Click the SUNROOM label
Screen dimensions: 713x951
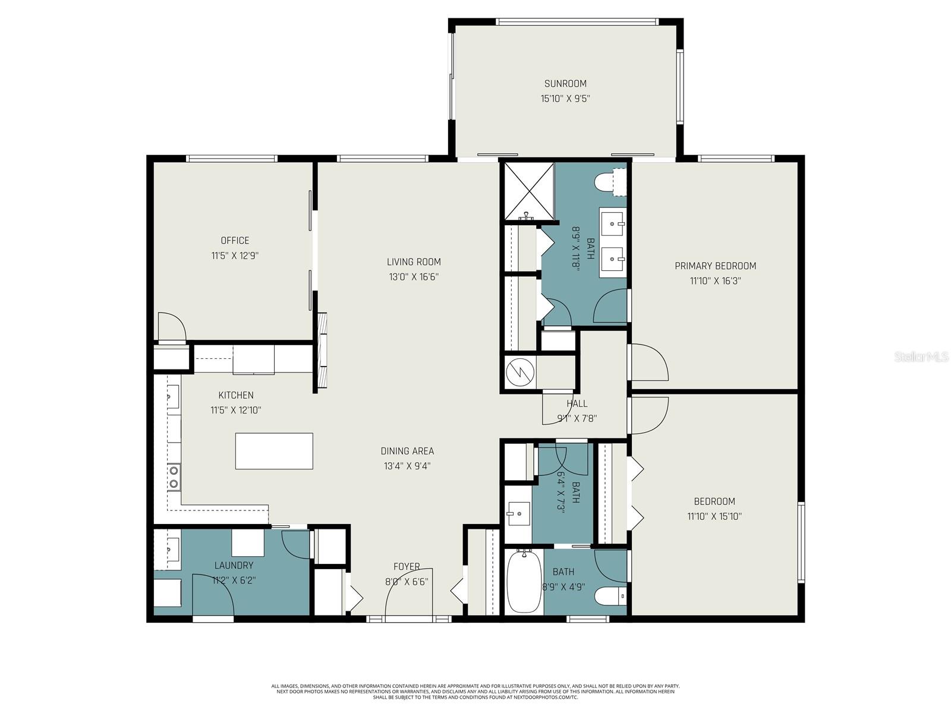click(x=565, y=84)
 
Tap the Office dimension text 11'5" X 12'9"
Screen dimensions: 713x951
click(x=235, y=256)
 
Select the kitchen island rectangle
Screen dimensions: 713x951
click(x=274, y=451)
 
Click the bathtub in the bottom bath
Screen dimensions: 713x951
click(x=524, y=581)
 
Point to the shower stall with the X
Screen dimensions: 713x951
click(x=528, y=190)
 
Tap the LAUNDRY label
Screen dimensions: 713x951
click(x=234, y=566)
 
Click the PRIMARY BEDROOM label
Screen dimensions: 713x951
click(x=715, y=266)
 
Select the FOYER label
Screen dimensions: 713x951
click(x=407, y=567)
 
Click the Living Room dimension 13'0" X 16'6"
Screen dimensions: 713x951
click(x=414, y=277)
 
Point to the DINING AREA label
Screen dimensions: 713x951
click(x=407, y=452)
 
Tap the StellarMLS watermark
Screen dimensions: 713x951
click(x=921, y=357)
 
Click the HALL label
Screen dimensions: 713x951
click(x=577, y=404)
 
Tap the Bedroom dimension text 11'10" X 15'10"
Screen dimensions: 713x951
click(x=714, y=517)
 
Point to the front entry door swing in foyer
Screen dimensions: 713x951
click(x=408, y=594)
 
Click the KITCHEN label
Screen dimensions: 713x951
click(x=236, y=395)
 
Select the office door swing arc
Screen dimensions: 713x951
click(x=172, y=327)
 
